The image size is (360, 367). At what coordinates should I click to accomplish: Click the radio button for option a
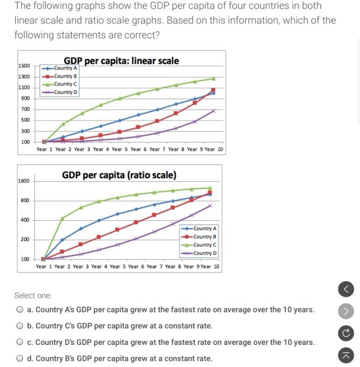(x=19, y=309)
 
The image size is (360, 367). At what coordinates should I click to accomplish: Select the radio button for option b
(x=19, y=326)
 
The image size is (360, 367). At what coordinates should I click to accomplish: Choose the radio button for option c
(x=19, y=342)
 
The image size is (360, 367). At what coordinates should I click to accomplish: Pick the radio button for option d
(x=19, y=359)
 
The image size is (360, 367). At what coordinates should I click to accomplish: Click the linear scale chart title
(x=121, y=61)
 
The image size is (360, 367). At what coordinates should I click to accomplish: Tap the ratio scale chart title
(x=119, y=175)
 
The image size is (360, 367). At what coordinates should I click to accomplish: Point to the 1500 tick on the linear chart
(x=24, y=66)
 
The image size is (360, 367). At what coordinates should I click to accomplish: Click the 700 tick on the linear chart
(x=25, y=109)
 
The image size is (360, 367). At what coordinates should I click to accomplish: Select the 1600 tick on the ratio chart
(x=24, y=181)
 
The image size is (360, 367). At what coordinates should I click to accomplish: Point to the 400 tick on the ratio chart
(x=25, y=220)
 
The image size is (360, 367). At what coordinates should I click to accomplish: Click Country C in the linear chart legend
(x=65, y=84)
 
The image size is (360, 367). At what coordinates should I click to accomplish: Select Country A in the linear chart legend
(x=65, y=68)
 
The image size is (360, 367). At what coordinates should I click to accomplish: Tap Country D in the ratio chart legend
(x=204, y=253)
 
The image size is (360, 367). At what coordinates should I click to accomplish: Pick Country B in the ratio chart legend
(x=204, y=236)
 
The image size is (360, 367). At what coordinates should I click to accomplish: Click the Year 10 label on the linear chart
(x=214, y=149)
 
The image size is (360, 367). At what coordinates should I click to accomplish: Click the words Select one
(x=32, y=295)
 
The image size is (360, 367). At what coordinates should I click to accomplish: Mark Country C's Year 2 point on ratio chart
(x=62, y=218)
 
